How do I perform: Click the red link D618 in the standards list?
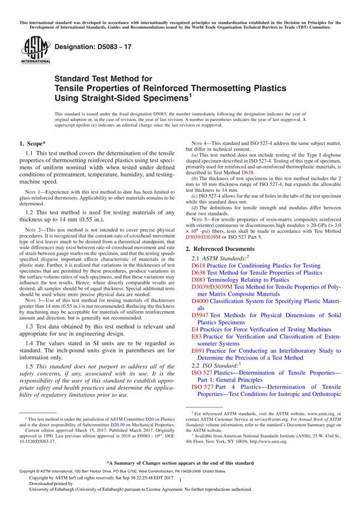click(x=199, y=265)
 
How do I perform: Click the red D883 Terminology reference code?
click(x=199, y=280)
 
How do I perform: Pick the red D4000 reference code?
click(x=200, y=301)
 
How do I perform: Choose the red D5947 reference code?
click(x=200, y=315)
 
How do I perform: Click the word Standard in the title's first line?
click(x=72, y=78)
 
